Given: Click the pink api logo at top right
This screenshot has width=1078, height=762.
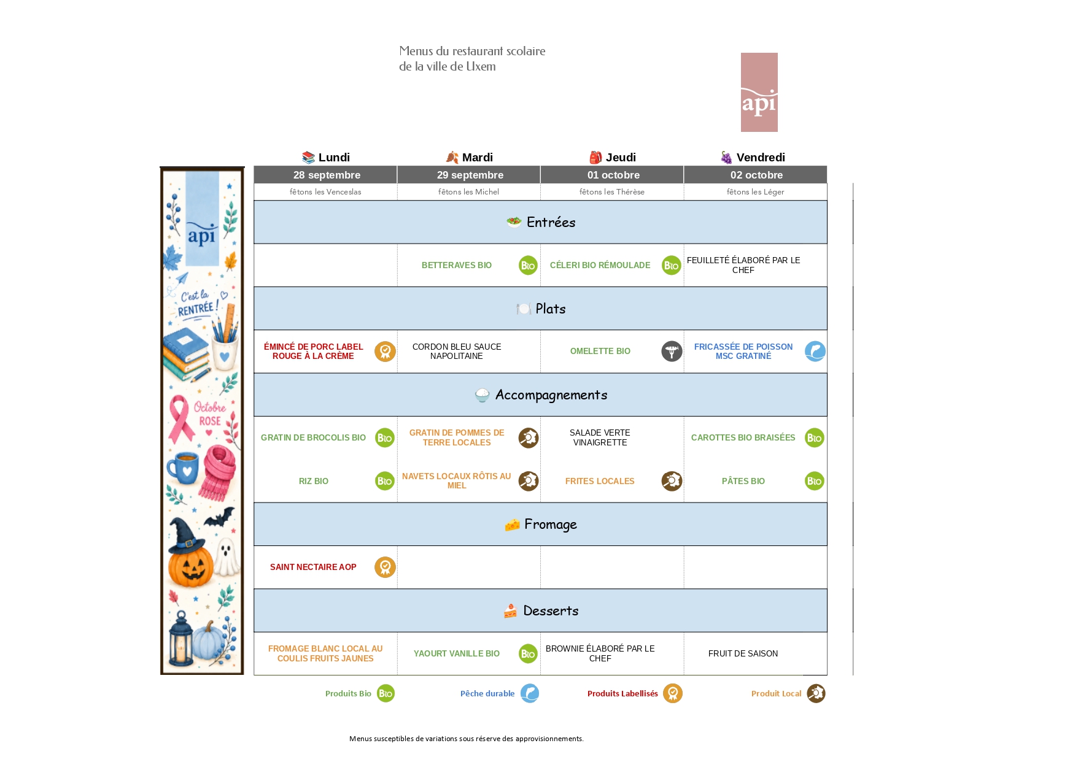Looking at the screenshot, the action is pos(759,92).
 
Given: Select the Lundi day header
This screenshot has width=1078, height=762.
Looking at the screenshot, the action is pos(326,157).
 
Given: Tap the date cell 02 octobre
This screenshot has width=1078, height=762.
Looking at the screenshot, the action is pos(756,175).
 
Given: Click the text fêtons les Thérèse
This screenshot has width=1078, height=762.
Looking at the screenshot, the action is pos(612,192).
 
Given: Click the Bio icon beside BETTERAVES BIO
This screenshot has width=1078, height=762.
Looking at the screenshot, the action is pos(528,265).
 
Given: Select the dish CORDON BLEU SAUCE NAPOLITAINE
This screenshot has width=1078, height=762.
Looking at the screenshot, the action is pos(457,351).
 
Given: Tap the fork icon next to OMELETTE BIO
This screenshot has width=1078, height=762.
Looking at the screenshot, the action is pos(672,351).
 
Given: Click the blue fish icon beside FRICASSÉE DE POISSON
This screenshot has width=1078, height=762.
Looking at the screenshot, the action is pos(815,351).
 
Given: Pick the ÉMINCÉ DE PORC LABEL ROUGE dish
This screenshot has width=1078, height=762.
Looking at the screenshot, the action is pos(313,351).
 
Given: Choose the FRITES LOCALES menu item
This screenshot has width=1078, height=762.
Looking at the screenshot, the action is pos(600,481).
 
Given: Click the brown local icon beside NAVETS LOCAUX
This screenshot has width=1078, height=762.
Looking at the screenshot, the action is pos(529,481).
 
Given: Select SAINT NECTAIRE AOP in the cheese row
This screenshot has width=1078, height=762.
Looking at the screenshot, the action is pos(313,567).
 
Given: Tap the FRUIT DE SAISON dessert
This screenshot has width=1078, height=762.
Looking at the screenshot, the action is pos(743,653).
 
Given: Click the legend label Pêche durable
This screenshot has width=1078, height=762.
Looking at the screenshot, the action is pos(487,693).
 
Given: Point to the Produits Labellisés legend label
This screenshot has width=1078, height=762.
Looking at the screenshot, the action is pos(622,693).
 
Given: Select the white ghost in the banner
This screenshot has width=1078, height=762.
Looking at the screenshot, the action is pos(227,556).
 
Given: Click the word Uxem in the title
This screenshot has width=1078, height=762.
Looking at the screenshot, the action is pos(481,66).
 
